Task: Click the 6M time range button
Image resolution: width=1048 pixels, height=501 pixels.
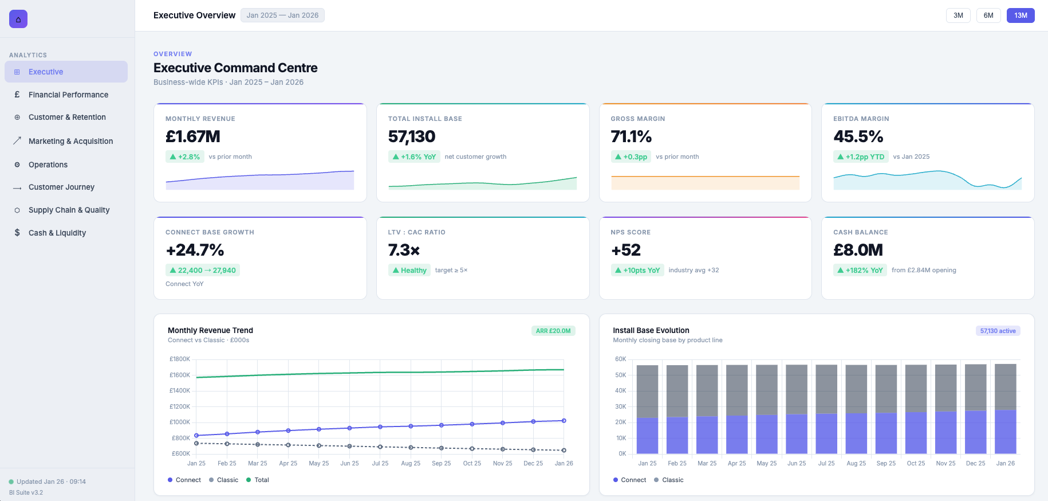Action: click(988, 15)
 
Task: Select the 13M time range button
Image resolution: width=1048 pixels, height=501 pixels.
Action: click(1021, 15)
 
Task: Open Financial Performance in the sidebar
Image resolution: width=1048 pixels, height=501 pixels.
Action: click(68, 95)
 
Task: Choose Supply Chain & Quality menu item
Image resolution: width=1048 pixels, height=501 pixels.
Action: click(69, 210)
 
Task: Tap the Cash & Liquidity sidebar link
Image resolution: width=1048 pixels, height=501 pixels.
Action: click(57, 233)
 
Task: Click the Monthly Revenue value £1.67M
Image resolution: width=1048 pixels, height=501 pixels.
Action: click(193, 136)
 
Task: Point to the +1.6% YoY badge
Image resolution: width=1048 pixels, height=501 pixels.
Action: click(414, 156)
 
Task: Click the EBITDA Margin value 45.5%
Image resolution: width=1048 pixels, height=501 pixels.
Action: click(858, 136)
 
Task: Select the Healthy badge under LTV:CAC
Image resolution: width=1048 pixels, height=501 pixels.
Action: click(409, 270)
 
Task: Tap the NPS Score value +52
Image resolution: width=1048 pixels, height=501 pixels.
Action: click(625, 250)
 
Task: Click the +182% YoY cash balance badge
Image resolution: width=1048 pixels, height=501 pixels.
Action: click(860, 270)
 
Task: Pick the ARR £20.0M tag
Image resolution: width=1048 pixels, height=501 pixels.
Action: click(553, 331)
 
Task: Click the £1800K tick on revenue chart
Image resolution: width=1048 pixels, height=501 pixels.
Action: click(180, 359)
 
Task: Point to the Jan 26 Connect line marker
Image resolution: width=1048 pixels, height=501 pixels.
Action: click(564, 421)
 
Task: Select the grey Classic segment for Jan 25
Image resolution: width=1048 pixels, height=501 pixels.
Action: click(647, 392)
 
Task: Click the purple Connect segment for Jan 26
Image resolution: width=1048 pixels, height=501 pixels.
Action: click(1005, 432)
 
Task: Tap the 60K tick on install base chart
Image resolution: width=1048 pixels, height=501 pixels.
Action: click(620, 359)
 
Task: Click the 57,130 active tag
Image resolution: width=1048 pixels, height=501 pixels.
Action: click(998, 331)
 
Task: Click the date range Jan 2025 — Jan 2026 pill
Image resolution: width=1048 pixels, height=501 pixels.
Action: click(282, 15)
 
